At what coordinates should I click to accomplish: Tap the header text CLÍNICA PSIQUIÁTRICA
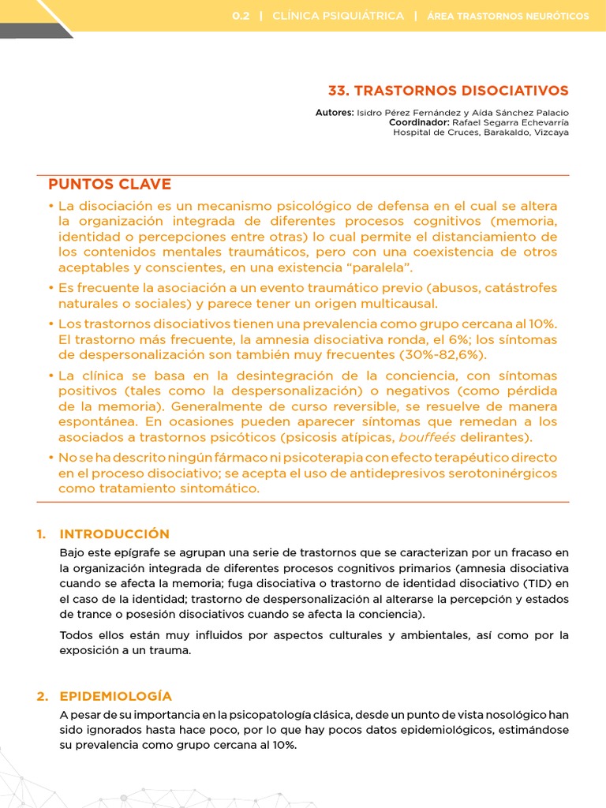pos(338,16)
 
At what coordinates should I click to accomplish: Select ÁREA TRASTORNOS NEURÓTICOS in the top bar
pos(507,16)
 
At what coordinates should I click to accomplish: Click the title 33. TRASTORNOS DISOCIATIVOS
pos(447,91)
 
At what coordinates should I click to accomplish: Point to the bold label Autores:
pos(335,113)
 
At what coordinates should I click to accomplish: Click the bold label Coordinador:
pos(419,122)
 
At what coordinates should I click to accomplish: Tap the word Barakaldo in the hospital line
pos(504,132)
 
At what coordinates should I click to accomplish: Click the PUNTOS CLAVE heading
pos(110,185)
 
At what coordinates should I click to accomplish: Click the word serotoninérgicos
pos(495,473)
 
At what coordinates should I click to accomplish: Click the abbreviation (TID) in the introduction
pos(533,583)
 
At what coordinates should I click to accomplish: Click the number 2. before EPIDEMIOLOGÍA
pos(43,696)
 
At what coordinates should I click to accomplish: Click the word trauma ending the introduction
pos(170,651)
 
